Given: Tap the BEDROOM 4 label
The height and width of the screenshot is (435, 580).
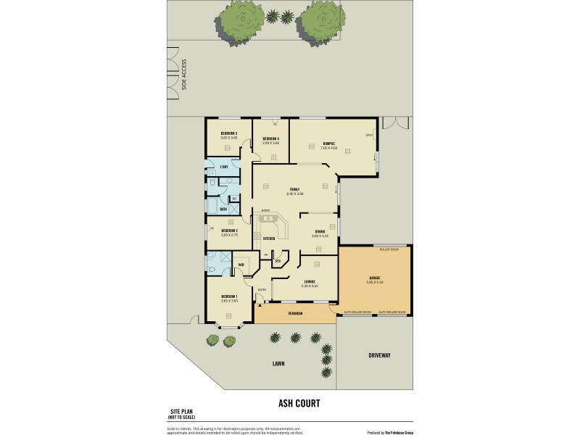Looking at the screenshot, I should click(271, 138).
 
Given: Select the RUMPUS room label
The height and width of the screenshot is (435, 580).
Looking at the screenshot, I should click(328, 144).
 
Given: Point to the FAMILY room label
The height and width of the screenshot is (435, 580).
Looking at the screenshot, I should click(294, 189).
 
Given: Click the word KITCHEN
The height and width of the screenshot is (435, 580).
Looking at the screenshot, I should click(268, 238).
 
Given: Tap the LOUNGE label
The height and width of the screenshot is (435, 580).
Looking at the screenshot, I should click(310, 281).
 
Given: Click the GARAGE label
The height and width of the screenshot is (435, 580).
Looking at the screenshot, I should click(375, 278).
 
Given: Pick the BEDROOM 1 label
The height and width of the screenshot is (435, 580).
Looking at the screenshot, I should click(229, 297).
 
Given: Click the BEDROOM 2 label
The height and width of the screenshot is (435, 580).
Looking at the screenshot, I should click(230, 231).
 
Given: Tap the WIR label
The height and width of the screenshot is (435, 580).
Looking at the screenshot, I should click(241, 265).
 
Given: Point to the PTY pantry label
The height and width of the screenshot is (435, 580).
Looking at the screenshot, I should click(278, 261).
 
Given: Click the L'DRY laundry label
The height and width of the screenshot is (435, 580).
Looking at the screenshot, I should click(224, 167).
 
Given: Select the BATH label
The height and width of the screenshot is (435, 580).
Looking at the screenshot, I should click(223, 210).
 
